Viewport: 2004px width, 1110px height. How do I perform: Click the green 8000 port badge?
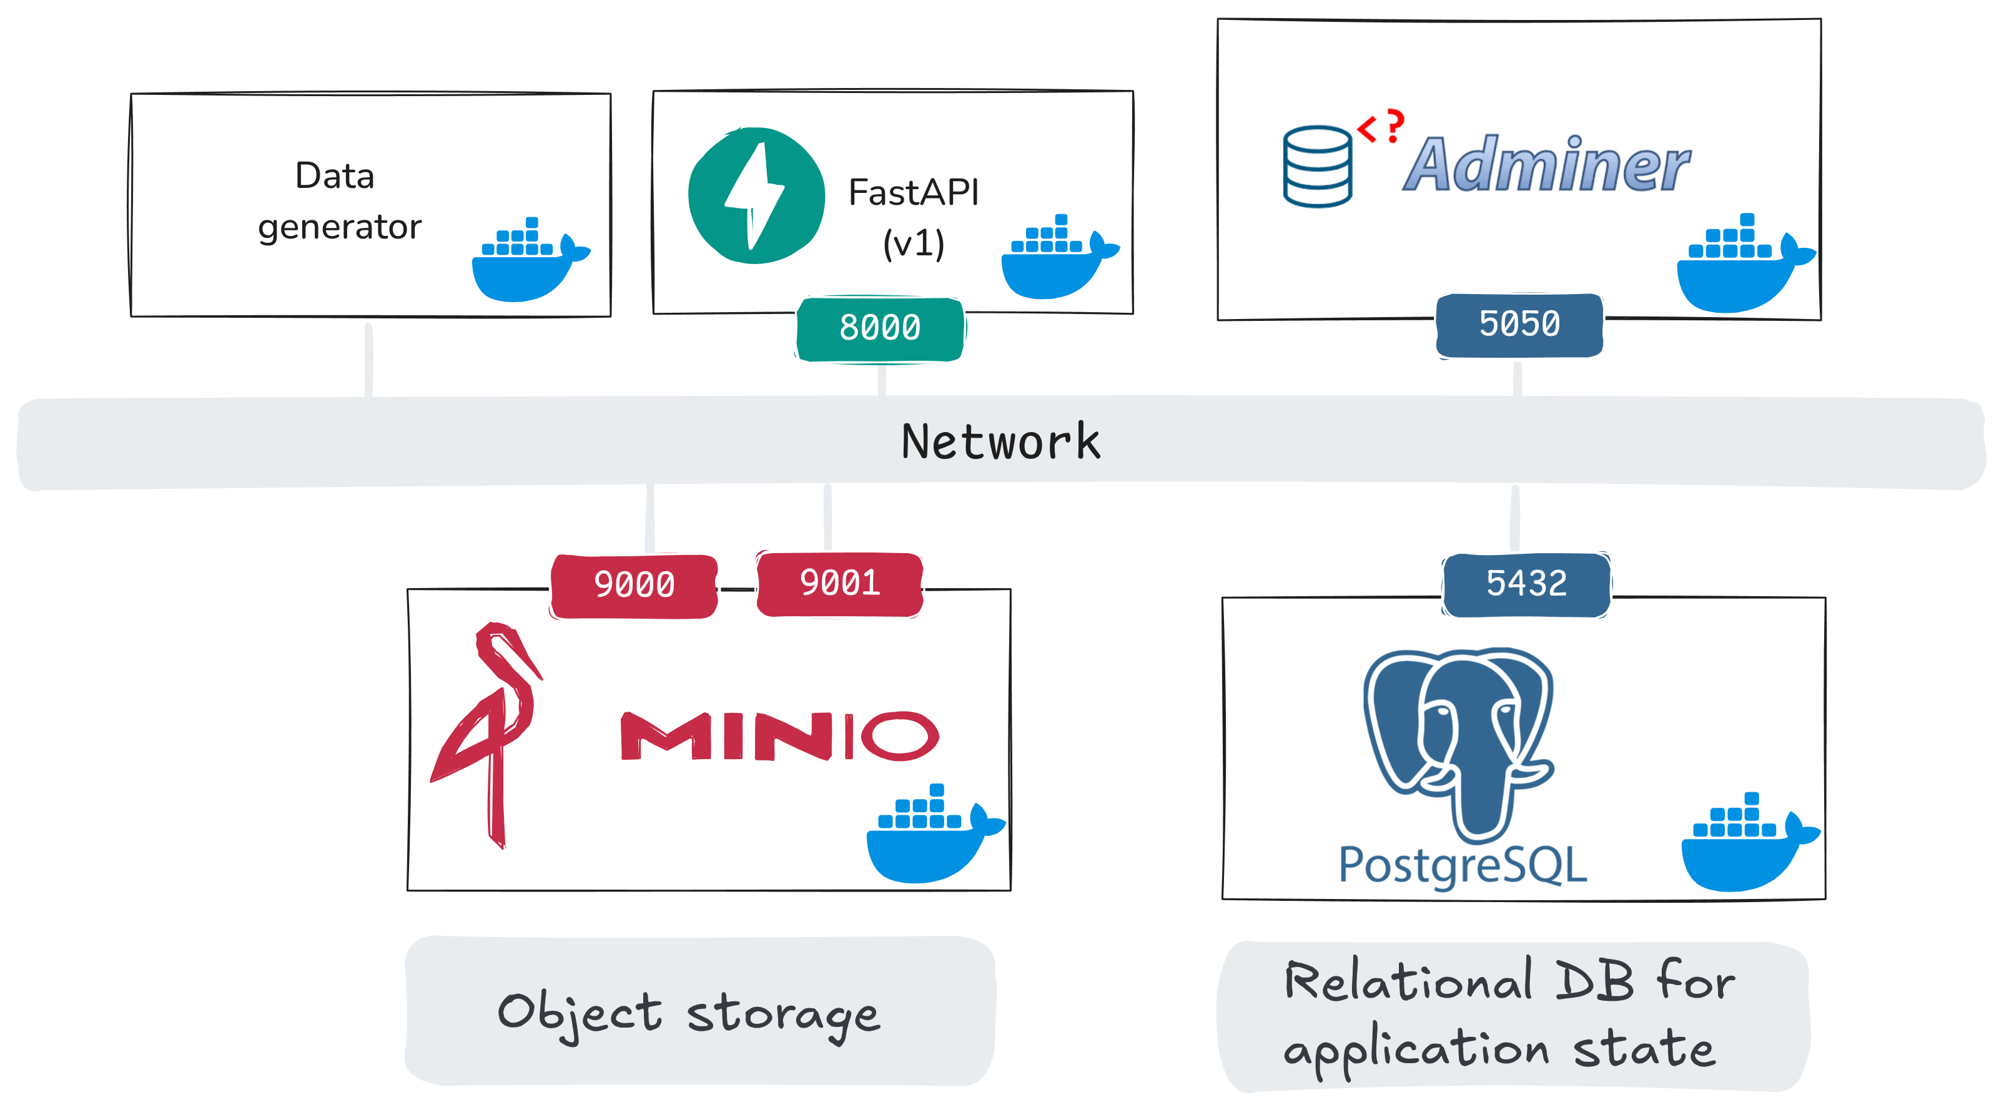[x=880, y=328]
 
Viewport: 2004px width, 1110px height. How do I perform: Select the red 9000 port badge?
[x=634, y=585]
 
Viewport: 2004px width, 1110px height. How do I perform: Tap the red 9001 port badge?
[x=840, y=583]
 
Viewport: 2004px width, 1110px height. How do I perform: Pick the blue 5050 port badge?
[x=1519, y=325]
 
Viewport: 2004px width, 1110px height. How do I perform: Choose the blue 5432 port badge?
[x=1526, y=584]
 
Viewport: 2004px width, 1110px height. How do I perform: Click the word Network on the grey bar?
[x=1001, y=443]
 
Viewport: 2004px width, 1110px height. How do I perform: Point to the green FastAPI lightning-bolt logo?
[x=756, y=196]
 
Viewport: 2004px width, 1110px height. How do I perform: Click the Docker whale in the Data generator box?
[x=526, y=265]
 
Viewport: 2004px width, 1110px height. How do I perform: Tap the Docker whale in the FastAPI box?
[x=1055, y=262]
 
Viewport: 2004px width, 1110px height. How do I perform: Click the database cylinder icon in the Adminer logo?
[x=1317, y=167]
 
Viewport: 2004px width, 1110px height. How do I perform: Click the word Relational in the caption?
[x=1408, y=981]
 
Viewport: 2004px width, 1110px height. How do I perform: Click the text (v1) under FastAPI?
[x=913, y=244]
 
